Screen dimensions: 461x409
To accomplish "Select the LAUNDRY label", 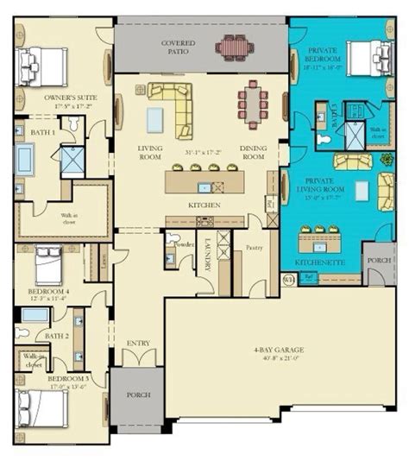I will [206, 254].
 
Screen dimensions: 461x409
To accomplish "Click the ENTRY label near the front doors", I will [137, 343].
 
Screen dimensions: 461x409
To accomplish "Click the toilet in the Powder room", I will [172, 238].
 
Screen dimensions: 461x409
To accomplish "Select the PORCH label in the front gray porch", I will [136, 395].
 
